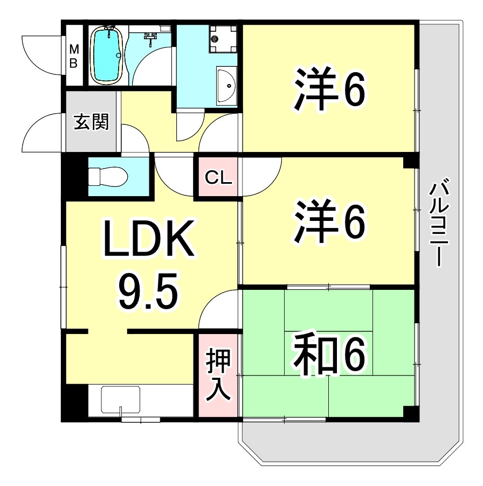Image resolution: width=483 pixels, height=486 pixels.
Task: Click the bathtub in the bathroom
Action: pos(107,55)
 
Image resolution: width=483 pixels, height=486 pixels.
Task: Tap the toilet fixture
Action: pos(108,176)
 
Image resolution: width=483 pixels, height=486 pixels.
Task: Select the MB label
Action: pos(73,56)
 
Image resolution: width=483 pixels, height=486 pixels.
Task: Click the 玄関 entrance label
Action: pos(91,122)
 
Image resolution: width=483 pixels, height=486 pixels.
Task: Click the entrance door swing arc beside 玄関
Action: pos(42,133)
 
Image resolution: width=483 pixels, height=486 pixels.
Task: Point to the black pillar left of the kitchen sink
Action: pos(73,401)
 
